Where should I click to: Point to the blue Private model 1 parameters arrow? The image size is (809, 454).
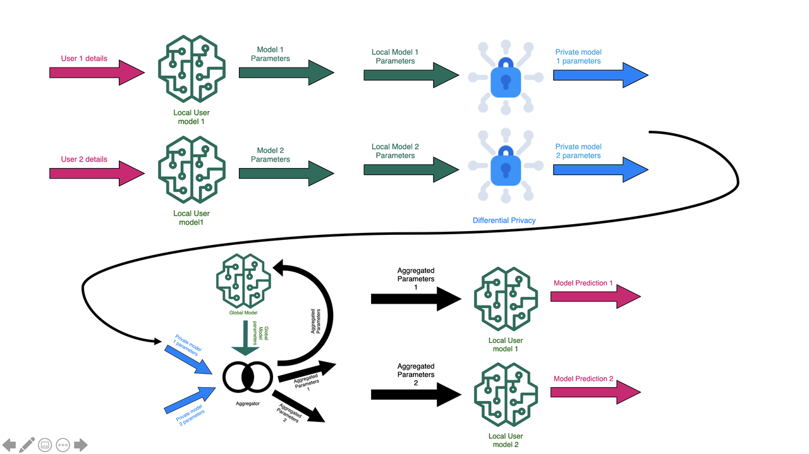click(x=600, y=75)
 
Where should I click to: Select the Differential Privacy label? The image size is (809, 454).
click(x=504, y=220)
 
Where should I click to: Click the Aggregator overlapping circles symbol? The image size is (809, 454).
click(x=247, y=377)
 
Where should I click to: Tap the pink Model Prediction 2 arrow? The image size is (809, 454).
click(x=595, y=392)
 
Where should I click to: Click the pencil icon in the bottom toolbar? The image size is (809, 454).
click(x=27, y=445)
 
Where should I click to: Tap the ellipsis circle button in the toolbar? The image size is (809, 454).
click(x=63, y=445)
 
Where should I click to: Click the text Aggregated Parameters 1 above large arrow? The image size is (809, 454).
click(x=415, y=278)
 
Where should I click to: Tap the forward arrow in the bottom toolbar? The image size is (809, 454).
click(x=80, y=445)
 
